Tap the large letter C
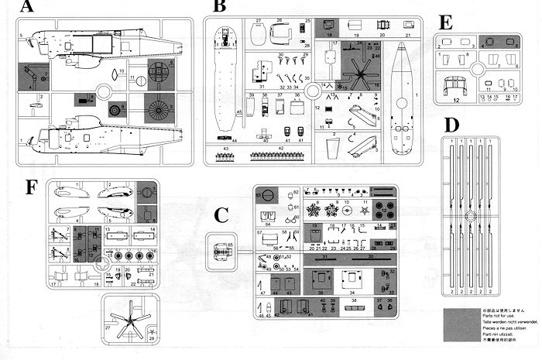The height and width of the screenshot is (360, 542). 222,216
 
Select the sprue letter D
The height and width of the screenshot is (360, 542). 453,125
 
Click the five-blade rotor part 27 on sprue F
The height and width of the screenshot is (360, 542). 129,318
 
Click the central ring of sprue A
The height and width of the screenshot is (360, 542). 142,81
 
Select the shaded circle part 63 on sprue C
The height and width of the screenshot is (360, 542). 265,194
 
